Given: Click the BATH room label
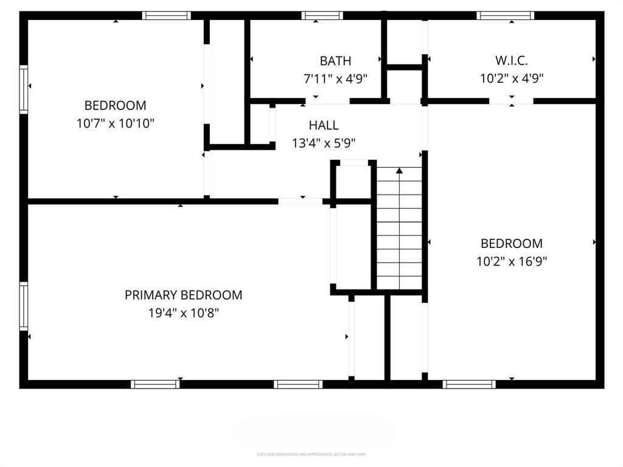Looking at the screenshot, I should (x=335, y=61).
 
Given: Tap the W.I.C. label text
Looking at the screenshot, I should (x=511, y=61).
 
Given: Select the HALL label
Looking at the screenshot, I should (x=323, y=125).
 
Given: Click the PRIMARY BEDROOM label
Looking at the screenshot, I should (x=183, y=295).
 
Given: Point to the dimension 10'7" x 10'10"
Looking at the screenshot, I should (x=116, y=123).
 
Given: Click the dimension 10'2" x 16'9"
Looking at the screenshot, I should (x=511, y=261).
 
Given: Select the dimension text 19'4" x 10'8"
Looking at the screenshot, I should (x=183, y=313).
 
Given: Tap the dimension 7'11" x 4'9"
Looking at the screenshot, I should (x=335, y=78).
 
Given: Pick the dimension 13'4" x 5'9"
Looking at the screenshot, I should (x=323, y=144).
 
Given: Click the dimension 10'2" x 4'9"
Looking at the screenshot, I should (x=511, y=78).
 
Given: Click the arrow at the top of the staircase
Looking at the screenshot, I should (x=399, y=171).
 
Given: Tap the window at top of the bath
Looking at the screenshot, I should (x=322, y=15).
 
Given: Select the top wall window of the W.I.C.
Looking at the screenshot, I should (x=505, y=15).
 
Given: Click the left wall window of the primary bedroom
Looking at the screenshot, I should (x=24, y=306).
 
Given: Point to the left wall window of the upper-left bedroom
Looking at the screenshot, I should (x=24, y=89).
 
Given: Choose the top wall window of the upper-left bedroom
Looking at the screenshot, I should (x=166, y=15).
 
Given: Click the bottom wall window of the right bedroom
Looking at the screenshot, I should (x=468, y=384).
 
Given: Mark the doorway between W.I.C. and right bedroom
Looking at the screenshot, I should (x=511, y=101).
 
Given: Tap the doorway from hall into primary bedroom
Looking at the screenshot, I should (x=301, y=201).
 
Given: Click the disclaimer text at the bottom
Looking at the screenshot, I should (x=311, y=454).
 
